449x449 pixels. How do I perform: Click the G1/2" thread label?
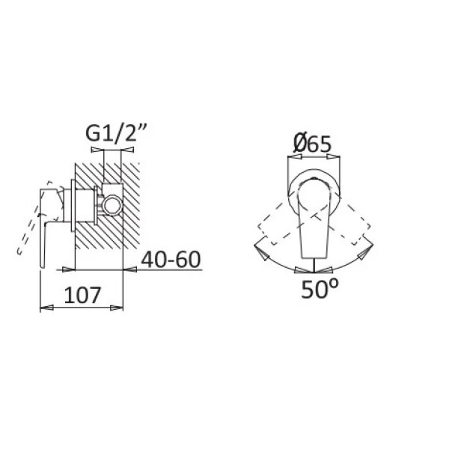click(116, 133)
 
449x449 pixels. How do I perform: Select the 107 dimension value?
click(82, 295)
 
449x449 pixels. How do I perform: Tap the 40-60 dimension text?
click(171, 260)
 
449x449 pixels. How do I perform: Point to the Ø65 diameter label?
click(312, 143)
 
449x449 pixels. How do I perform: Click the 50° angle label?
click(320, 289)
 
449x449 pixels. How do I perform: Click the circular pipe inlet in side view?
click(113, 205)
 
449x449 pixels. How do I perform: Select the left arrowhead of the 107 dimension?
click(46, 308)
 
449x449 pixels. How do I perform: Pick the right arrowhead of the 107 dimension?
click(117, 308)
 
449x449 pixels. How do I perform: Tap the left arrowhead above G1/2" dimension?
click(97, 150)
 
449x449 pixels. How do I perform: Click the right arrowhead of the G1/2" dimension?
click(127, 150)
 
